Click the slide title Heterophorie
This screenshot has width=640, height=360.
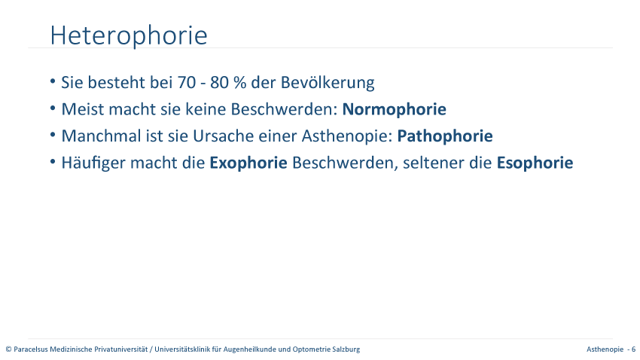[129, 35]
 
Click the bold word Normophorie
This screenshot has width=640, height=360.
[395, 109]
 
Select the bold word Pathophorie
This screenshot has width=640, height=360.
[445, 136]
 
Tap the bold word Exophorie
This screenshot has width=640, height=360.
[248, 163]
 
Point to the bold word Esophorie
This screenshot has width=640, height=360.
[535, 163]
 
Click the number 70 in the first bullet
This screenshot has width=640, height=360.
[187, 82]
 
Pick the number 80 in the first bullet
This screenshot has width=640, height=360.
[220, 82]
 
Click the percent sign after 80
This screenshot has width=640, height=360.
[240, 82]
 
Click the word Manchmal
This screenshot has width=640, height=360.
[101, 136]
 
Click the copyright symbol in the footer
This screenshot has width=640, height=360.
[8, 349]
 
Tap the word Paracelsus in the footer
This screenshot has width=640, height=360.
[31, 349]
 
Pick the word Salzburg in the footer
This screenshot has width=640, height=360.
[346, 349]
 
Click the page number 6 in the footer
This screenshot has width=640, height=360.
[633, 349]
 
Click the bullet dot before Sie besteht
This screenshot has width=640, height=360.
[53, 81]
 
